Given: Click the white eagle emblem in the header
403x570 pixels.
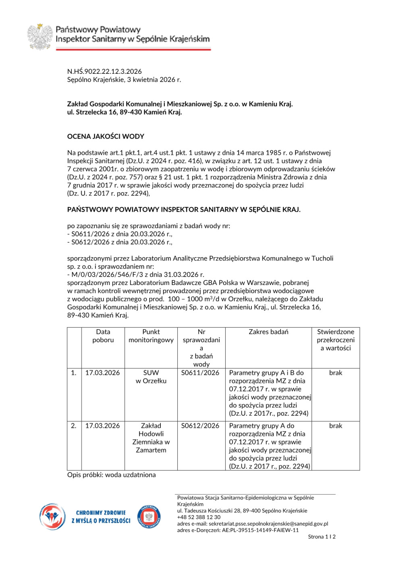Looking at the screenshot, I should (40, 37).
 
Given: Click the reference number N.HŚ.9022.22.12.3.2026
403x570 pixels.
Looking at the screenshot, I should (104, 71).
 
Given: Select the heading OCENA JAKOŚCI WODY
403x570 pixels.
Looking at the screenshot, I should (106, 136).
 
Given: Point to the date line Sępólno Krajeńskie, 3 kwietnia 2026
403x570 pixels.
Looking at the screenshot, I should (124, 79).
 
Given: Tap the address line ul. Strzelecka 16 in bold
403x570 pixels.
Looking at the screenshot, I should (125, 112).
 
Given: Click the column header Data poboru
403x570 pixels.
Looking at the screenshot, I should (103, 336).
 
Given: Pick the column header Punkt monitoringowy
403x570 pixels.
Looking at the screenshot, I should (151, 336).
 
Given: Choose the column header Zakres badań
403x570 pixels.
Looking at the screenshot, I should (268, 332).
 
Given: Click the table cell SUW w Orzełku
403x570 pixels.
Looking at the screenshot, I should (151, 377).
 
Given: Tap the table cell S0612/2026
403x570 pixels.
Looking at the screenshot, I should (200, 426).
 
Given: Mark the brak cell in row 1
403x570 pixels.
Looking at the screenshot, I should (335, 373).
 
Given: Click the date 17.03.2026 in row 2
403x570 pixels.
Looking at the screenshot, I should (102, 426).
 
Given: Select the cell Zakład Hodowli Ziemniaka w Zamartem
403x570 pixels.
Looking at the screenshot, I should (151, 438).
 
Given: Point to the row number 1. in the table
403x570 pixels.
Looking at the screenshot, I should (74, 373).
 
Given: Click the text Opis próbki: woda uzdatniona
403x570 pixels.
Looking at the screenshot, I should (112, 475).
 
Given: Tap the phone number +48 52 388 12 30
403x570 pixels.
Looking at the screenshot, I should (199, 517).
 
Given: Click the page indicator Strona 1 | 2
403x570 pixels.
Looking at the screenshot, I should (322, 537).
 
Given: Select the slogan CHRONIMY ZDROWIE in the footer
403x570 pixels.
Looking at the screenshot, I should (101, 513).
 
